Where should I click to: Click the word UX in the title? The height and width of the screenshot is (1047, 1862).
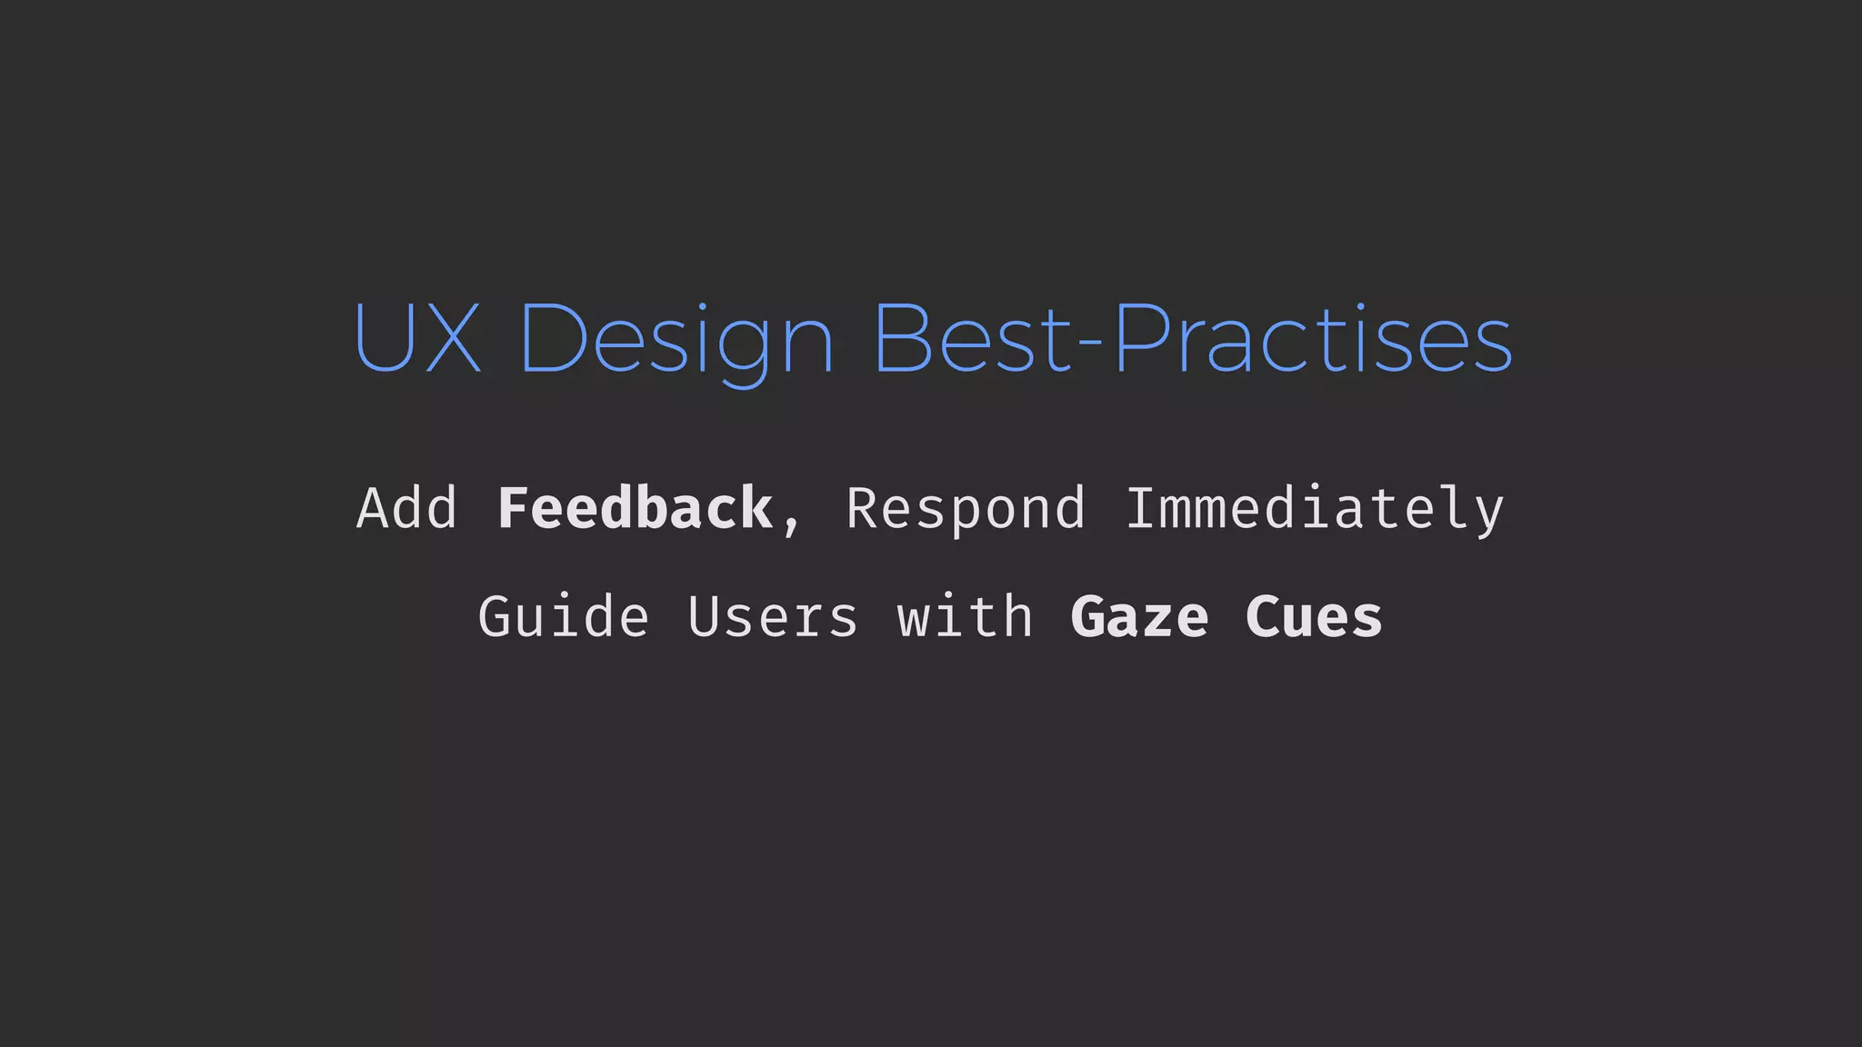pyautogui.click(x=416, y=338)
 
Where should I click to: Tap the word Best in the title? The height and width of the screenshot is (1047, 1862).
pyautogui.click(x=972, y=338)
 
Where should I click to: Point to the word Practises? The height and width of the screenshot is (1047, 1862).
pyautogui.click(x=1313, y=338)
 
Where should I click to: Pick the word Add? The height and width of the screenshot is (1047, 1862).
pyautogui.click(x=406, y=509)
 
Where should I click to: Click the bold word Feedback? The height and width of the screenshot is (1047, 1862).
pyautogui.click(x=635, y=509)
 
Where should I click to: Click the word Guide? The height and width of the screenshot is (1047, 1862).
pyautogui.click(x=564, y=618)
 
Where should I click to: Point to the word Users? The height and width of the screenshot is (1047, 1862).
pyautogui.click(x=773, y=618)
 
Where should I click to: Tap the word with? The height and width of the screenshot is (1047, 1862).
pyautogui.click(x=966, y=616)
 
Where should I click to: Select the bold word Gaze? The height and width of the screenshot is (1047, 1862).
pyautogui.click(x=1140, y=618)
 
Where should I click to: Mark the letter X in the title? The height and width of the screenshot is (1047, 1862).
pyautogui.click(x=452, y=338)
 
